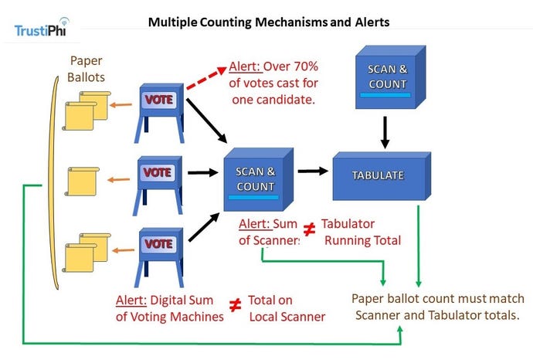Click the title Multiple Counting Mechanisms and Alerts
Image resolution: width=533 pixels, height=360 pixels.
click(x=269, y=22)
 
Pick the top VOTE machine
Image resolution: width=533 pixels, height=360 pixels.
click(x=159, y=109)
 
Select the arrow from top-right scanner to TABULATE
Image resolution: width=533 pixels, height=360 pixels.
click(x=385, y=132)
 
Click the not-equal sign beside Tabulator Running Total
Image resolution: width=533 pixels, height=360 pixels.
click(x=309, y=229)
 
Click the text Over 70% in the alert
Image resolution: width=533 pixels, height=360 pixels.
click(x=293, y=67)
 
